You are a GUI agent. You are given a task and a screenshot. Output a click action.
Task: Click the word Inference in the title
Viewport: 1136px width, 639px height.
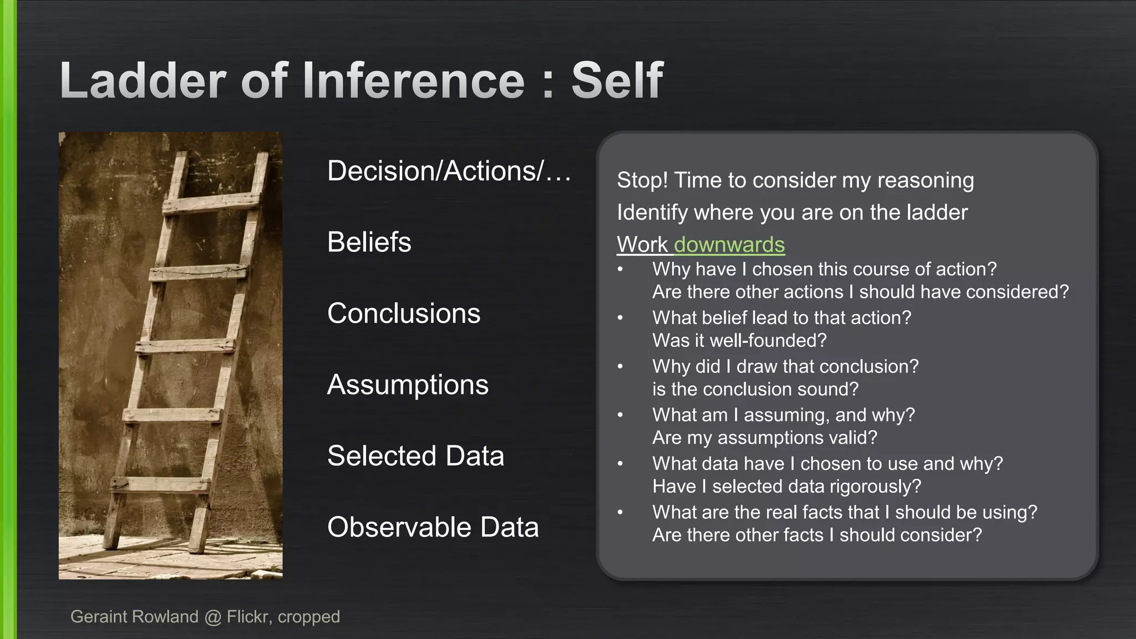413,81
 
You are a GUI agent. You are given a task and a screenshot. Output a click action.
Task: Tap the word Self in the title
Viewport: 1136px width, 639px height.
617,81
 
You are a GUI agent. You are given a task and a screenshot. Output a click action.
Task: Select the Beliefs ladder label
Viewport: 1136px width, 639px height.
369,242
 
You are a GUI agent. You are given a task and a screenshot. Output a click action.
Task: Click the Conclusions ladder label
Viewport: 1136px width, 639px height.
403,313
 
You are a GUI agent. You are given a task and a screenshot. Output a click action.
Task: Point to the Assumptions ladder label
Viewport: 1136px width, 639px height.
408,385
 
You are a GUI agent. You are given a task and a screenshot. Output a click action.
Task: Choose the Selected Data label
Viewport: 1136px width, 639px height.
415,456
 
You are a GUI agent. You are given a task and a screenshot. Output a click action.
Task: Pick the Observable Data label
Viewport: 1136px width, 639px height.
433,527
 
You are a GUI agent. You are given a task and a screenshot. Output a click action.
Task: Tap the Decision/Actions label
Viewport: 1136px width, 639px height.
448,171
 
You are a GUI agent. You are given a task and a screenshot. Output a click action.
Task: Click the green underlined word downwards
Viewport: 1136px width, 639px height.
729,245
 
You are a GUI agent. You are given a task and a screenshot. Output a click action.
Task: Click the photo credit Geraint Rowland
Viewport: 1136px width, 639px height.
134,617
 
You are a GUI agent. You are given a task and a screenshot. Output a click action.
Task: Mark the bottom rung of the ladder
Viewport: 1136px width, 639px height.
161,484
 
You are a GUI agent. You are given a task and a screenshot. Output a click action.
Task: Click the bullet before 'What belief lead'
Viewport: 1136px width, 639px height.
620,318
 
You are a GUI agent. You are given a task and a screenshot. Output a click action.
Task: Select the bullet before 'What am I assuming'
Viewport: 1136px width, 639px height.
620,415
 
